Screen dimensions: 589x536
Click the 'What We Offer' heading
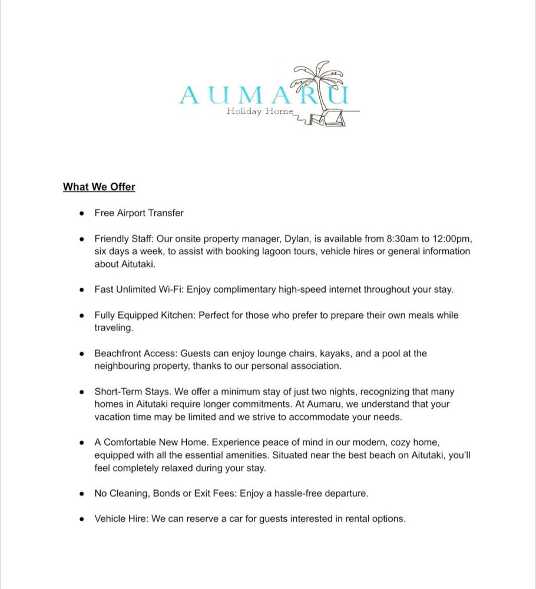[x=99, y=187]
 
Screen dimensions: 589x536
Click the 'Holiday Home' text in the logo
[x=259, y=111]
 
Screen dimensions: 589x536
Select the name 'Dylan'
[x=297, y=239]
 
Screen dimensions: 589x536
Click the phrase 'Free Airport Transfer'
[x=139, y=213]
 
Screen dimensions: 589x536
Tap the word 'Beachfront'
[x=118, y=353]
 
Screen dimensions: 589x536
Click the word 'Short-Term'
[x=118, y=392]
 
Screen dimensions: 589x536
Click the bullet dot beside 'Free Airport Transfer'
[x=82, y=213]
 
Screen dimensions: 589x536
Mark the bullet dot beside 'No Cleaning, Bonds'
[x=82, y=494]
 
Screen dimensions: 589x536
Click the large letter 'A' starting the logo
[x=190, y=95]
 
